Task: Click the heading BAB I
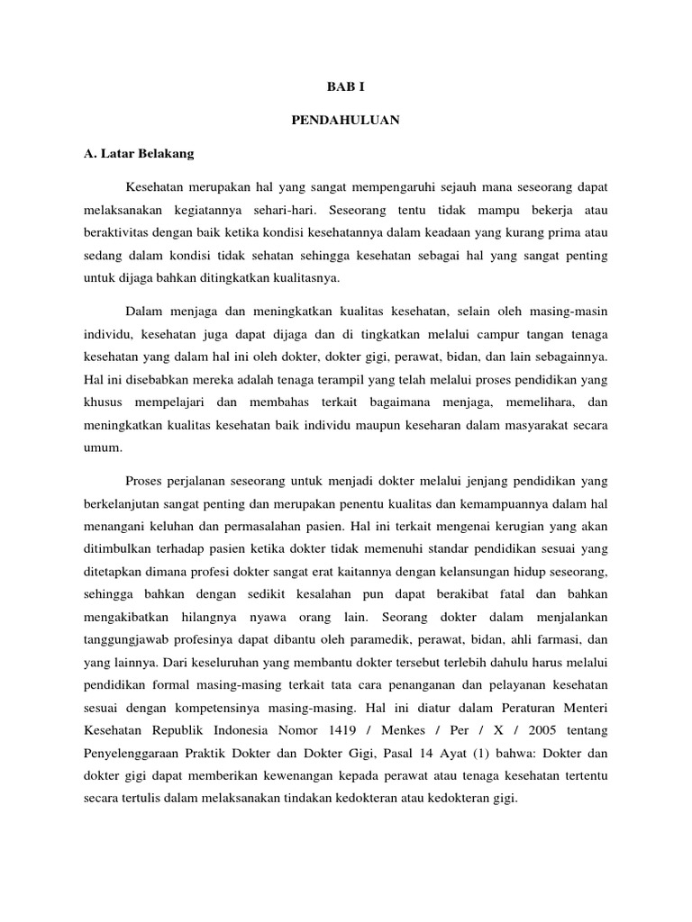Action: click(x=345, y=87)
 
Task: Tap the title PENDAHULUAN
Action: click(x=345, y=120)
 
